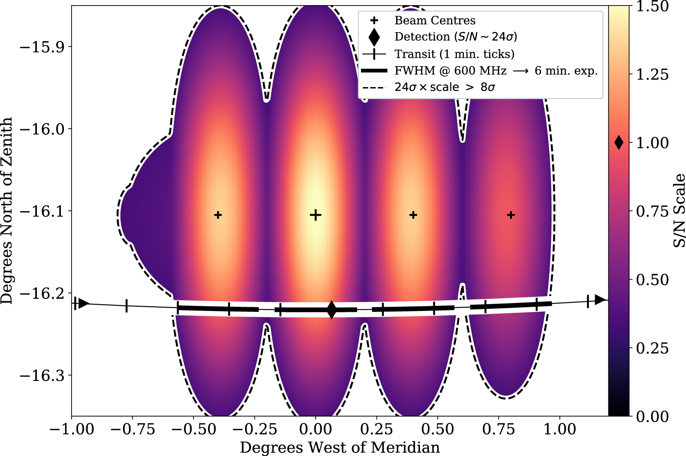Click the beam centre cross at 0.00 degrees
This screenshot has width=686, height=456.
click(x=316, y=215)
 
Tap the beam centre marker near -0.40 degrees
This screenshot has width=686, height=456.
click(x=218, y=215)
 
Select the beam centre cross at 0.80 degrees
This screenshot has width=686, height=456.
click(x=511, y=215)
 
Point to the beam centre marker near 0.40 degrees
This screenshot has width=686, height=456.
click(x=413, y=215)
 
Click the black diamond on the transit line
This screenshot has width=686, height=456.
click(x=331, y=310)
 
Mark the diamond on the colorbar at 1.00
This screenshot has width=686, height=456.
click(x=619, y=142)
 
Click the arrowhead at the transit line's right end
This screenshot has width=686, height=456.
click(x=600, y=299)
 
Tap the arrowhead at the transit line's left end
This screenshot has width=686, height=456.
click(x=83, y=304)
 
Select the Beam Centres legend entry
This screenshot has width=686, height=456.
click(x=435, y=20)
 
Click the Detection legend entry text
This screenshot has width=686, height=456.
click(x=456, y=37)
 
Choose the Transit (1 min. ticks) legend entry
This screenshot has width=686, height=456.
click(x=454, y=54)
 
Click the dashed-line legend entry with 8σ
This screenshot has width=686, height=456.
click(x=445, y=87)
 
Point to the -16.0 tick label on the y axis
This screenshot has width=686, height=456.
click(x=41, y=129)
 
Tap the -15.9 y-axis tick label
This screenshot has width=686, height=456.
click(x=41, y=46)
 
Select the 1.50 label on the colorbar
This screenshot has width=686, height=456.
click(x=652, y=6)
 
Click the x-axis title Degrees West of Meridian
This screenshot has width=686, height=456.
click(x=340, y=447)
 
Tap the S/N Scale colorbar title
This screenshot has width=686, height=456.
click(x=679, y=210)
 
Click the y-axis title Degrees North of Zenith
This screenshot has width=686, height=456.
click(x=7, y=210)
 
